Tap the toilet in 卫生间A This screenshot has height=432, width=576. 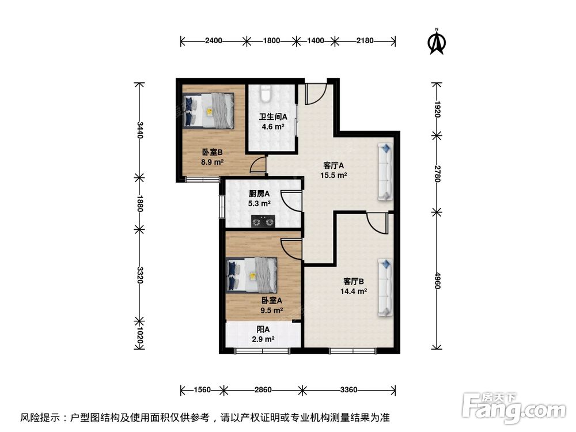pyautogui.click(x=265, y=93)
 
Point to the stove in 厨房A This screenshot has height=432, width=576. pyautogui.click(x=263, y=220)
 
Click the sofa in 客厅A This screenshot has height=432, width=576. pyautogui.click(x=385, y=172)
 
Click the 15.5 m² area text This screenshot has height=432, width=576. pyautogui.click(x=335, y=175)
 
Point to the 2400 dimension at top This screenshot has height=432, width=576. pyautogui.click(x=213, y=41)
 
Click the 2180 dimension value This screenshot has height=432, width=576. pyautogui.click(x=365, y=41)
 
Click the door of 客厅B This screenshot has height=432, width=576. pyautogui.click(x=378, y=222)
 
